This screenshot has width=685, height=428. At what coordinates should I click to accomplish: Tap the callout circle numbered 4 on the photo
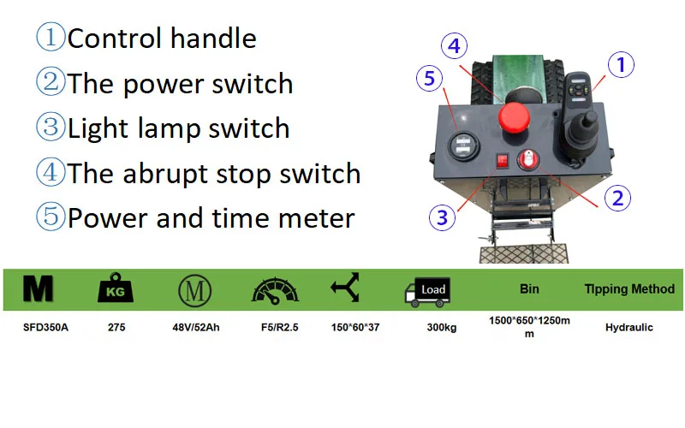coord(455,45)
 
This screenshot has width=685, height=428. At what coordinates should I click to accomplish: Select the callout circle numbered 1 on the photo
coord(622,63)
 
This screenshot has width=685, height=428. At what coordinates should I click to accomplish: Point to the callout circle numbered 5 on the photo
coord(431,80)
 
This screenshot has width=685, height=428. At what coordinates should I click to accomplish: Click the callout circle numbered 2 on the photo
coord(617,198)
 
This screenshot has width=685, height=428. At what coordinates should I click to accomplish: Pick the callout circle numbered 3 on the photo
coord(442,217)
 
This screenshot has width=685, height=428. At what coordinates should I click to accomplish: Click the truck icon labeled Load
coord(426,291)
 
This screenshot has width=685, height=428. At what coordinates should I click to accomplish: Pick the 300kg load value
coord(446,327)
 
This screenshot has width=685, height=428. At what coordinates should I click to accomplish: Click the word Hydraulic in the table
coord(628,327)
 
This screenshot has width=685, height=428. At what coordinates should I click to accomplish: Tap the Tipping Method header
coord(628,289)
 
